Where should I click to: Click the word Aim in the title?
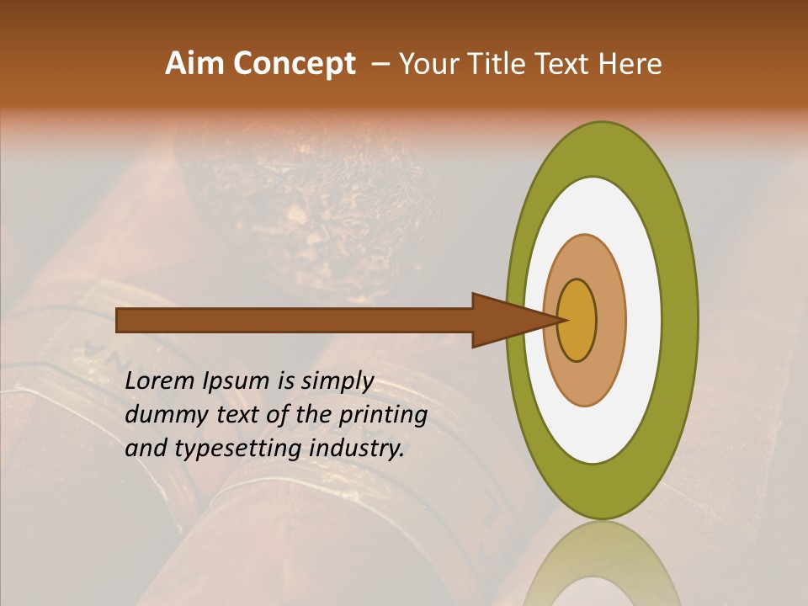click(195, 64)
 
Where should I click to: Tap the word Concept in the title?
click(293, 64)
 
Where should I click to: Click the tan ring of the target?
click(609, 320)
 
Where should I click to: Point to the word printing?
click(384, 416)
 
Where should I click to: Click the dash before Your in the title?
click(380, 64)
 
